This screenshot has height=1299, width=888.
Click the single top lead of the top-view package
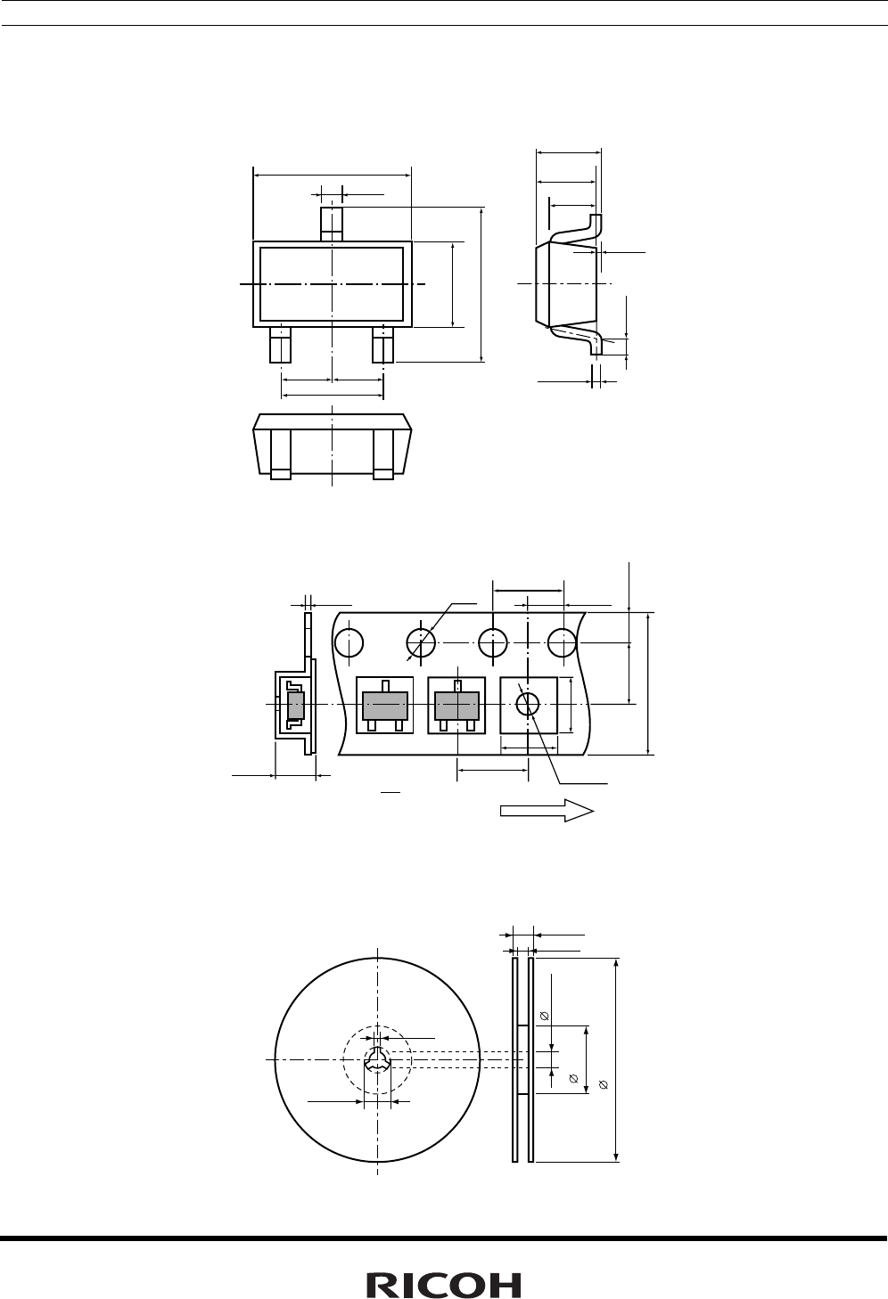coord(332,224)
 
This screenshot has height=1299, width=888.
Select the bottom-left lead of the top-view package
coord(280,345)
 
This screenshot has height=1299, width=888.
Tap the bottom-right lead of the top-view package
coord(383,345)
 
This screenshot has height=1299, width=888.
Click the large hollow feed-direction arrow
coord(547,810)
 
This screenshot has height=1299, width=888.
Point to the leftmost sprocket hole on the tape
coord(349,643)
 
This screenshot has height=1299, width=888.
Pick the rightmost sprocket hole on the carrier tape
coord(563,643)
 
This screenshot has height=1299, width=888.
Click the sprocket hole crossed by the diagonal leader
coord(421,643)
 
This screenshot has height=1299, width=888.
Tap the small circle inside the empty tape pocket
coord(528,705)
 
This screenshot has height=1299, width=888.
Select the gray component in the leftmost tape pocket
coord(385,706)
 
